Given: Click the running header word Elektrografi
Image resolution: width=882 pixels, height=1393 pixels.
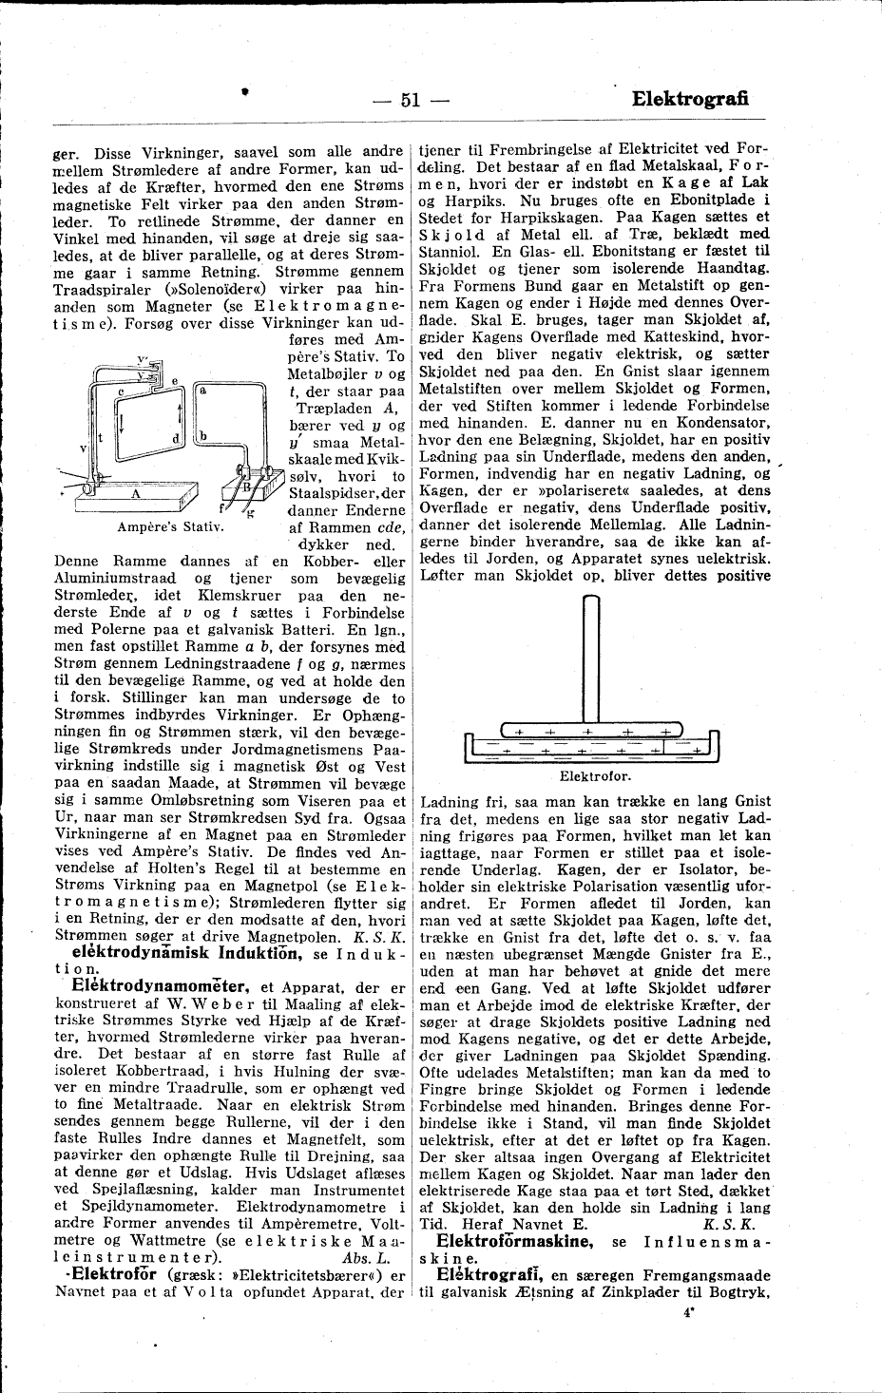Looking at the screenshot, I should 690,99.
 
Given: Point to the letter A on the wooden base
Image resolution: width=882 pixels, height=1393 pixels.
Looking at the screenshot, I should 136,493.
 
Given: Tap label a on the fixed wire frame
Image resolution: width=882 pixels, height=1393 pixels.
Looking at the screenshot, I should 204,390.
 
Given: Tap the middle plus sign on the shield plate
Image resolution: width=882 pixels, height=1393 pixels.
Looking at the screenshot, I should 588,731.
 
